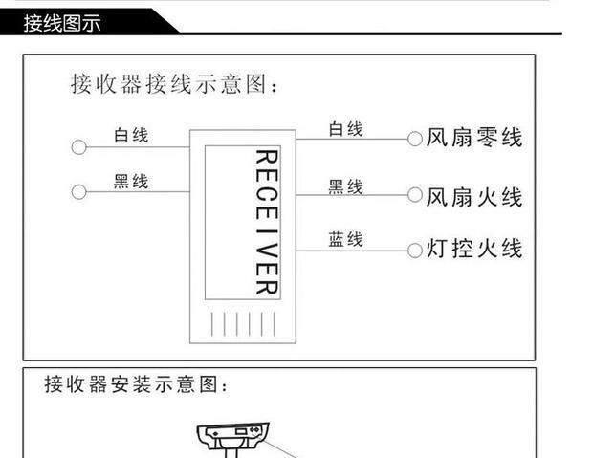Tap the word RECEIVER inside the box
[x=266, y=222]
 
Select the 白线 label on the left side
[x=131, y=135]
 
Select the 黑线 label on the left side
[x=131, y=181]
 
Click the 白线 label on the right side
[x=345, y=129]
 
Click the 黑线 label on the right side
[x=345, y=186]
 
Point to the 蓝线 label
[x=345, y=239]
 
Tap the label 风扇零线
[x=474, y=139]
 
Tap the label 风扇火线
[x=474, y=197]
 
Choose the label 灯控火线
[x=474, y=250]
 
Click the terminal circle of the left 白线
[x=78, y=147]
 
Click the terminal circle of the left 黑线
[x=78, y=192]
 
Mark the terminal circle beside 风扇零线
[x=415, y=140]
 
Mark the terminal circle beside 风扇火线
[x=415, y=197]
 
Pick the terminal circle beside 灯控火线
[x=415, y=251]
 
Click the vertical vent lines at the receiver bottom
[x=243, y=323]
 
